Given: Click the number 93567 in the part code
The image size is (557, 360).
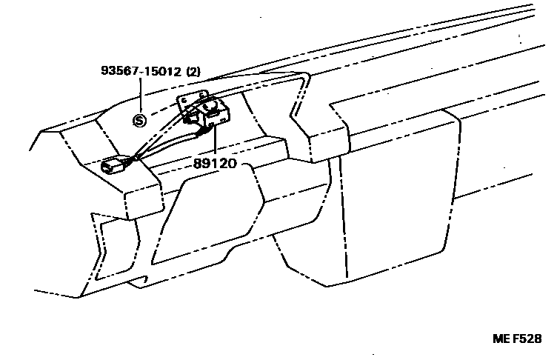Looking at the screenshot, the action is point(121,73).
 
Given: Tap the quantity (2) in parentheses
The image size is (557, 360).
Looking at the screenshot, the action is point(193,73).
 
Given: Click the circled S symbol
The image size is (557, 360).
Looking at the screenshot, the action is point(139,121).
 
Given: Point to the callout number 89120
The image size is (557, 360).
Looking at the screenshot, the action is point(215,164).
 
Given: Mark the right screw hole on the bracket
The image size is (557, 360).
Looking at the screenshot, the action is point(204,93).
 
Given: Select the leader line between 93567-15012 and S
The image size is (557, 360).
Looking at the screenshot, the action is point(141,96).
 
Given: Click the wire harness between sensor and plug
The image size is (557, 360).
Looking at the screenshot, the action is point(159,145).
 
